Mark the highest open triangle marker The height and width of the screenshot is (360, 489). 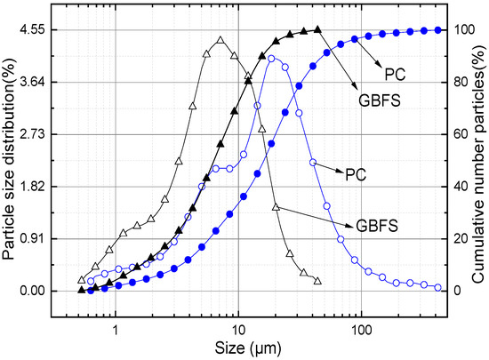click(220, 40)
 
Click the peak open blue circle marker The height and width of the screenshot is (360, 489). click(271, 60)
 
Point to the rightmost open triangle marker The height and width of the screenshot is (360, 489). click(317, 280)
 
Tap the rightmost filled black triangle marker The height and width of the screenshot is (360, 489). click(317, 29)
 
